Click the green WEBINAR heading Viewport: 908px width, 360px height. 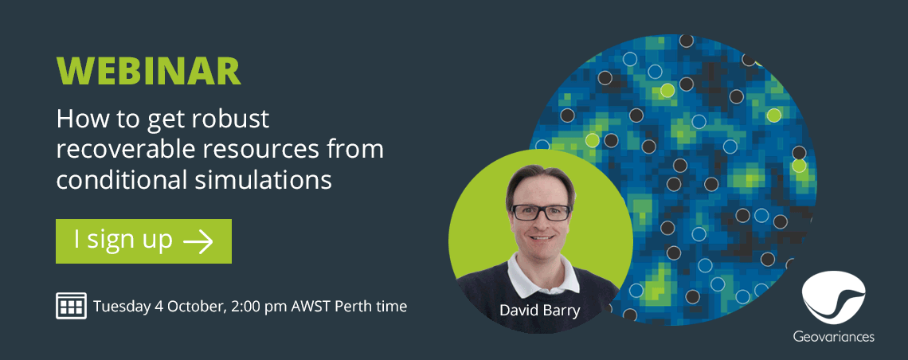point(148,71)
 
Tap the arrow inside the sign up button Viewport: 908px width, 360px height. point(198,241)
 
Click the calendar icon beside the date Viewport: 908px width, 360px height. point(71,306)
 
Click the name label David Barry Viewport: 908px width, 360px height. point(540,311)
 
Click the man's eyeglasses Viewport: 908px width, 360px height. point(541,213)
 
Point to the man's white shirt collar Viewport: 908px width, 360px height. point(543,273)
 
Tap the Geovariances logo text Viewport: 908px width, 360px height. point(834,336)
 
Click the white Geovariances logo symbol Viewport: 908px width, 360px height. point(834,296)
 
